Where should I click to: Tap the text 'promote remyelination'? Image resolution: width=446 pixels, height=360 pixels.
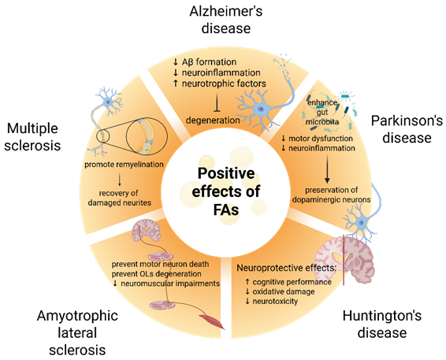pyautogui.click(x=122, y=165)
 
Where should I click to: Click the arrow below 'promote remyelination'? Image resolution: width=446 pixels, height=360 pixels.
pyautogui.click(x=122, y=179)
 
